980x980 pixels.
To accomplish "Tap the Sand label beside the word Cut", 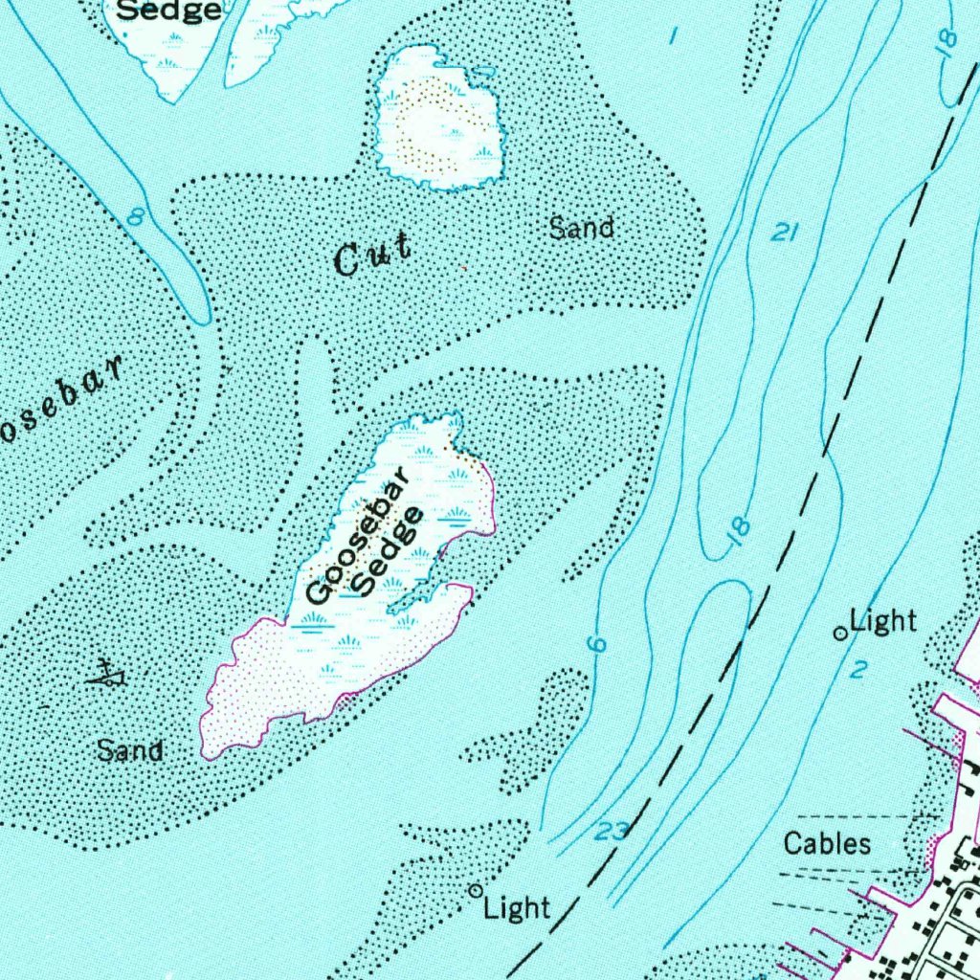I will pyautogui.click(x=582, y=228).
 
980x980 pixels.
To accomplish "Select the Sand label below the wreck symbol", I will pyautogui.click(x=130, y=749).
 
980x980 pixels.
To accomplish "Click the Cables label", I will pyautogui.click(x=828, y=843).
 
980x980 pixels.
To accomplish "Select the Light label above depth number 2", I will pyautogui.click(x=883, y=621).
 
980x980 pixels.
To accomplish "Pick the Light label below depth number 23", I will pyautogui.click(x=517, y=907).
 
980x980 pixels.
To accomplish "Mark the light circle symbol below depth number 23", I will pyautogui.click(x=474, y=890).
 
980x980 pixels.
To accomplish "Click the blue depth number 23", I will pyautogui.click(x=611, y=832).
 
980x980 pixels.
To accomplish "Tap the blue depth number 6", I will pyautogui.click(x=597, y=645).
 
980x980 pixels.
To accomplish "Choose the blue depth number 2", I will pyautogui.click(x=857, y=670).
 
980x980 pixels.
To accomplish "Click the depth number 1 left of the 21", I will pyautogui.click(x=675, y=36).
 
